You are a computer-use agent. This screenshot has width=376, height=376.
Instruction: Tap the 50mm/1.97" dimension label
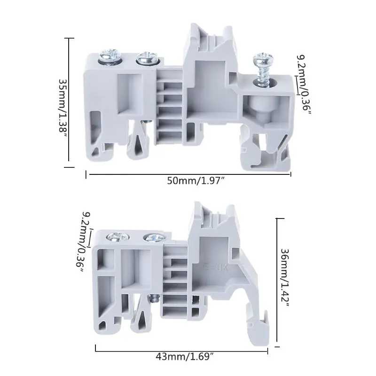[196, 180]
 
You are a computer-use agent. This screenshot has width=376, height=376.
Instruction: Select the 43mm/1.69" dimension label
[184, 357]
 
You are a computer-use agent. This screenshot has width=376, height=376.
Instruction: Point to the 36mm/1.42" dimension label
[285, 277]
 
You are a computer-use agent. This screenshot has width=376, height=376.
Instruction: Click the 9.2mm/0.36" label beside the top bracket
[303, 86]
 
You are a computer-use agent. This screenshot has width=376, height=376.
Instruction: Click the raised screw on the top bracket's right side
[263, 70]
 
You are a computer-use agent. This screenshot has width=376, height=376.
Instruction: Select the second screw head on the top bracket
[147, 58]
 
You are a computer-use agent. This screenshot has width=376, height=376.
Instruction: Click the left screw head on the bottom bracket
[118, 237]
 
